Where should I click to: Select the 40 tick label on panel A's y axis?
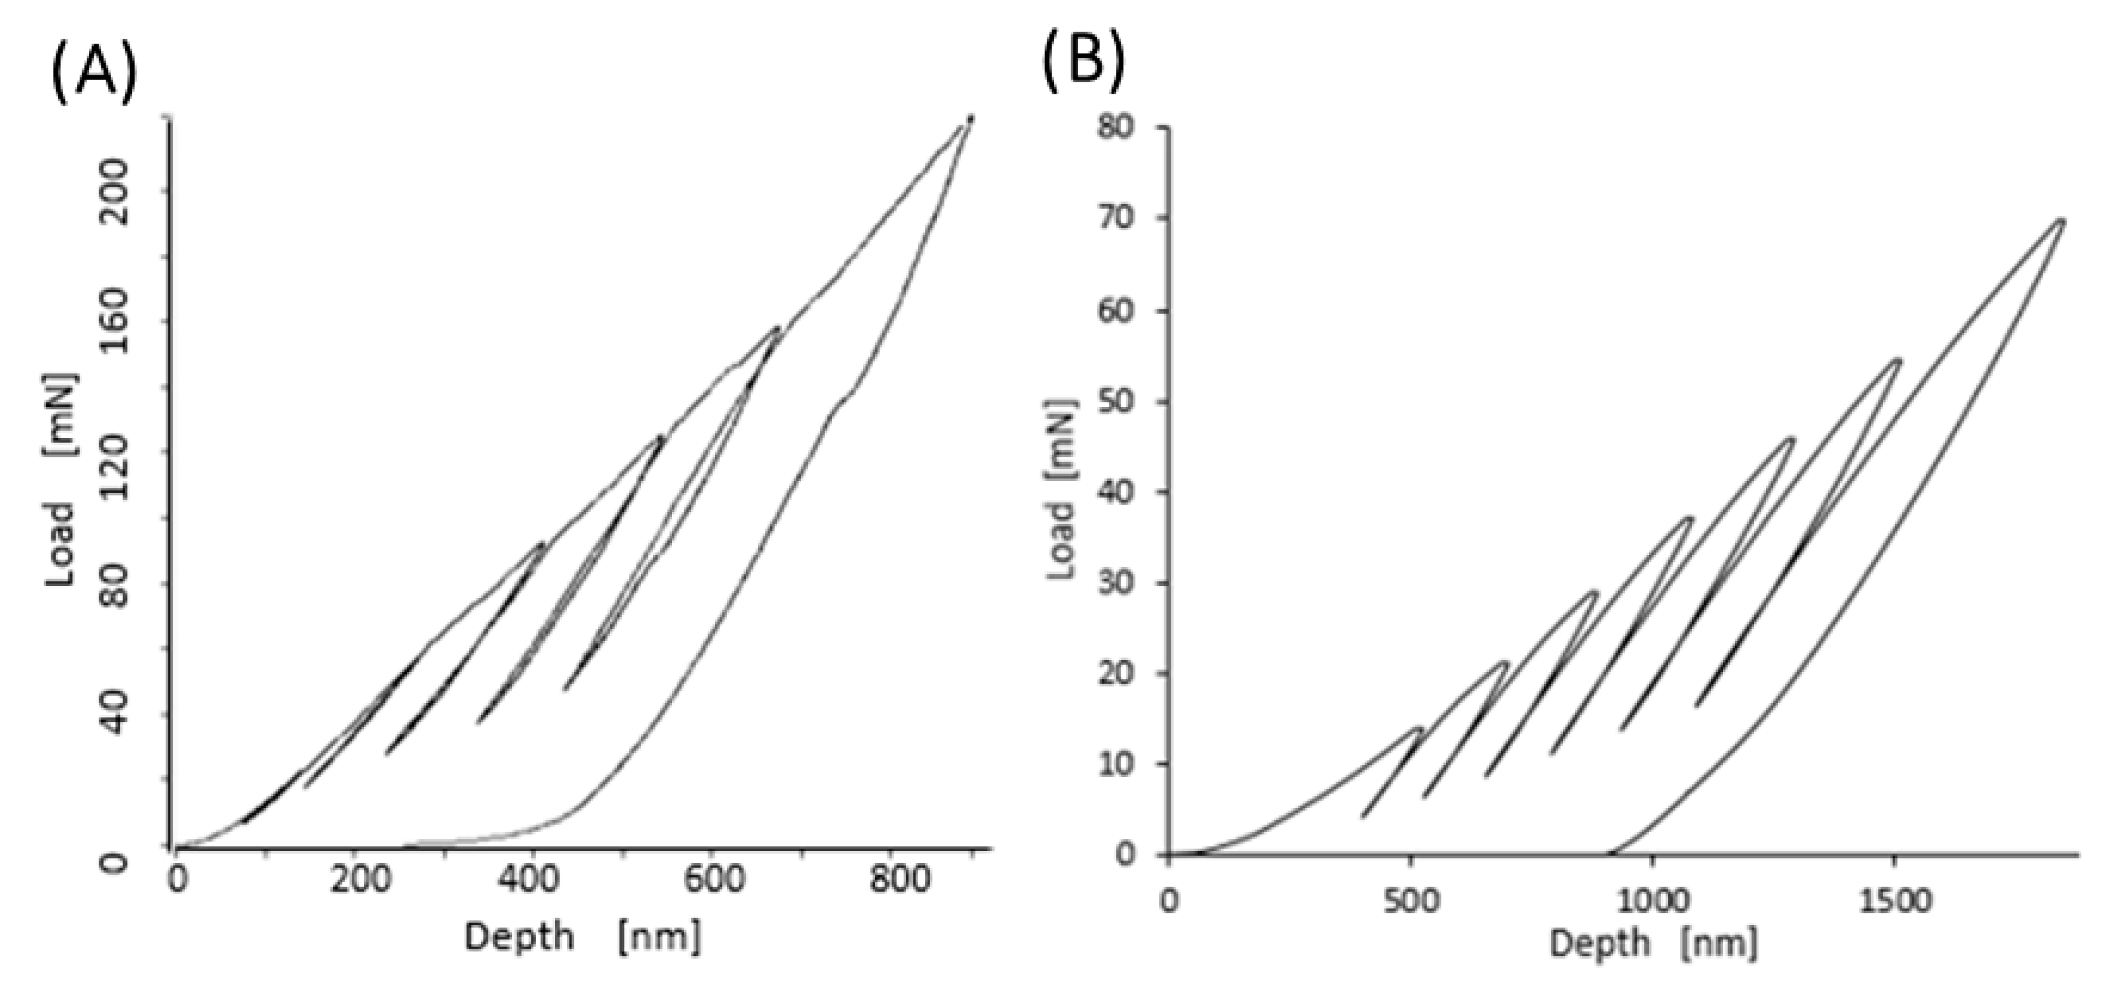(118, 714)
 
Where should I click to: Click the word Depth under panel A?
(519, 936)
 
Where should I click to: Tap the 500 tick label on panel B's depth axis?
(1409, 901)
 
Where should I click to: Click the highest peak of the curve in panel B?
(2062, 220)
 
